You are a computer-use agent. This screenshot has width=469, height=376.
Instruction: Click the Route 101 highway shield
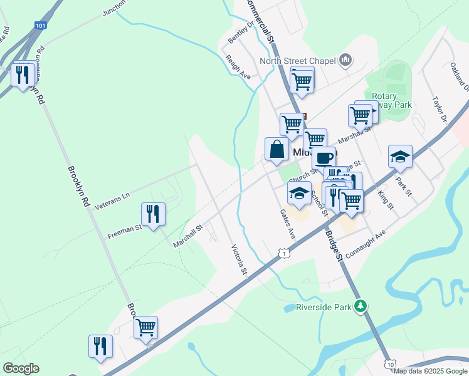point(41,25)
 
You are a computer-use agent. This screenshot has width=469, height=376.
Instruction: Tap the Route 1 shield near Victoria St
point(285,252)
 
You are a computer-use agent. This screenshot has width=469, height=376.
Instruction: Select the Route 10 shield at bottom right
point(391,364)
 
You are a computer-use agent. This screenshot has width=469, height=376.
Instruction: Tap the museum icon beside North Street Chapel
point(345,61)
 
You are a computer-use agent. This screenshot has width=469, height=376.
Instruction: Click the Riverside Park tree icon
point(360,306)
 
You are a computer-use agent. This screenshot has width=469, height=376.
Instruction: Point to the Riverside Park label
point(318,308)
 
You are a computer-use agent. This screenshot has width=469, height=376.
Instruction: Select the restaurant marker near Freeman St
point(153,214)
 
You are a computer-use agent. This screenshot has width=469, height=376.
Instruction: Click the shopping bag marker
point(277,150)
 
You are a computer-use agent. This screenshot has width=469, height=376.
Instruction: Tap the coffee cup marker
point(324,157)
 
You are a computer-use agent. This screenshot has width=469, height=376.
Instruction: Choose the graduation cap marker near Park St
point(400,157)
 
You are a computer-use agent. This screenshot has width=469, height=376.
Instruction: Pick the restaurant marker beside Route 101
point(23,74)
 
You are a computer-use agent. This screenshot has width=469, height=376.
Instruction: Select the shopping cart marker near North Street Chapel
point(302,80)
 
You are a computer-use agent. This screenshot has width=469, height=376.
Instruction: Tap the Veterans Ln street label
point(113,196)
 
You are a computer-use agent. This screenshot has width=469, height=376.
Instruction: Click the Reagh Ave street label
point(238,66)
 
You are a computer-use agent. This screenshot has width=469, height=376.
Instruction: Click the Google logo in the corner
point(21,368)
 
